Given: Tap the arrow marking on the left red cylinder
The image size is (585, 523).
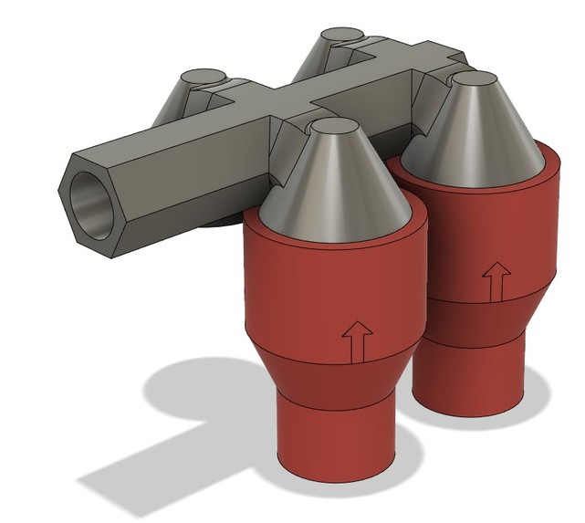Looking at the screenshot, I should click(x=356, y=341).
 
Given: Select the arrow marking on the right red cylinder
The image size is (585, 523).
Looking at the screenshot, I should click(x=497, y=281).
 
